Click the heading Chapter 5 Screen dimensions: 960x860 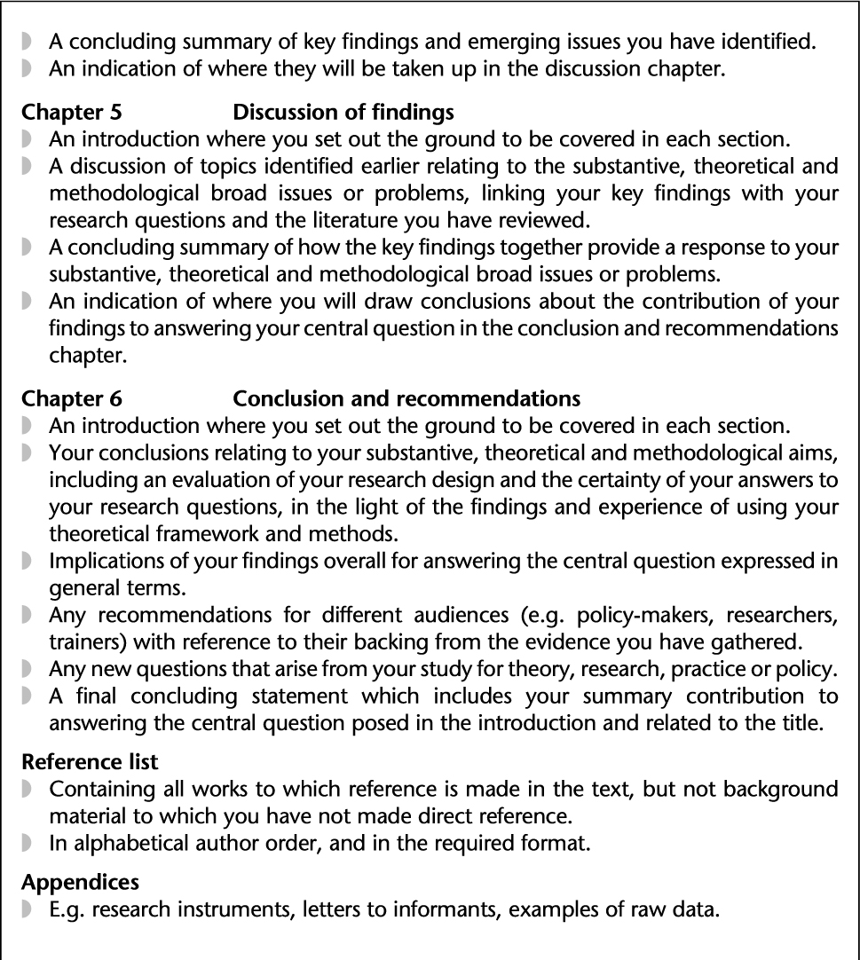(72, 113)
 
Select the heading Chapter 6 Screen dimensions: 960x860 (72, 398)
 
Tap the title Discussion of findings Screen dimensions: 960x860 (343, 113)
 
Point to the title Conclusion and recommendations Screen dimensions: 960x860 (406, 398)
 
